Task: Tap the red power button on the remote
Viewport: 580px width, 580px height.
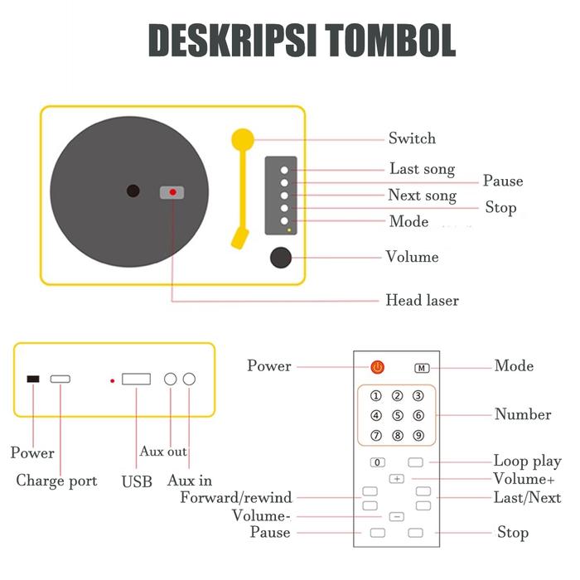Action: [x=377, y=366]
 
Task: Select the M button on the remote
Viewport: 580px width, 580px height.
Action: [x=423, y=367]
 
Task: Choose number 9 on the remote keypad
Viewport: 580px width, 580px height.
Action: [x=418, y=435]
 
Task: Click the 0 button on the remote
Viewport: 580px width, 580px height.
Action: [x=378, y=462]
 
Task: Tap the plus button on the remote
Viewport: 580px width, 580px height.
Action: [x=397, y=479]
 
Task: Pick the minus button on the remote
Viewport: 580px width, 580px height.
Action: [x=397, y=516]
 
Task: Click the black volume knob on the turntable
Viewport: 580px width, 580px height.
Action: [x=282, y=258]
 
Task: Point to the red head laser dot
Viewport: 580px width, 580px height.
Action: [x=172, y=192]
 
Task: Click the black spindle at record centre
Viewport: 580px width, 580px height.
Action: [x=133, y=191]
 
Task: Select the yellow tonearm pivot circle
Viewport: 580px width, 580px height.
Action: [x=242, y=138]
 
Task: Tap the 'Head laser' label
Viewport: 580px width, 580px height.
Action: [x=422, y=300]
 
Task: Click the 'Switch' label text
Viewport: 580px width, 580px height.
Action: [x=412, y=138]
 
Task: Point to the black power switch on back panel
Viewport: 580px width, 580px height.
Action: [x=33, y=379]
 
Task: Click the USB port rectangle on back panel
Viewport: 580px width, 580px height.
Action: [x=136, y=379]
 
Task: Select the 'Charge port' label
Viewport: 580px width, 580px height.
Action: [x=56, y=481]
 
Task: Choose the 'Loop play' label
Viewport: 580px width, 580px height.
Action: [x=527, y=462]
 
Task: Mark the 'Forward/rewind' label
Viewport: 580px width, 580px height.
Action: [x=236, y=497]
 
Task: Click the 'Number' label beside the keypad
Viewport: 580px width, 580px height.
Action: [x=523, y=414]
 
